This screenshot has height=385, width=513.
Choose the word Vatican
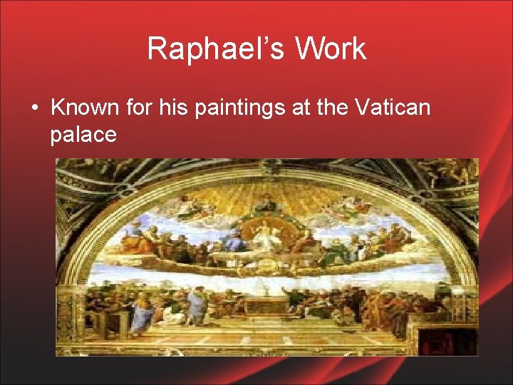coord(391,108)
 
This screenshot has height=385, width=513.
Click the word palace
coord(83,134)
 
